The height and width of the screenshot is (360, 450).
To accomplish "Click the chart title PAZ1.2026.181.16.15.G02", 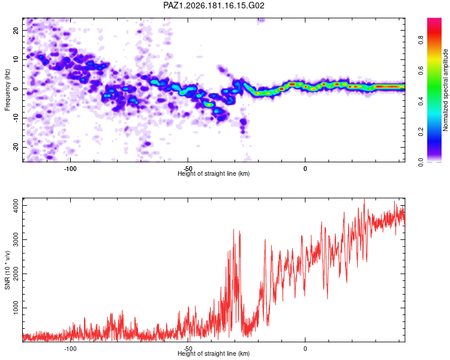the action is [x=214, y=5].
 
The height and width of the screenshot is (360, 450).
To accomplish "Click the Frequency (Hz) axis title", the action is [x=7, y=90].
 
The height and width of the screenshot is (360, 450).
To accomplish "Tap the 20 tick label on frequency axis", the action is [x=16, y=31].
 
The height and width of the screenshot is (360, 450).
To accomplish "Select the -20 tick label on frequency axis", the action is [x=16, y=147].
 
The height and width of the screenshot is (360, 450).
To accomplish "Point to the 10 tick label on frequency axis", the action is [x=16, y=59].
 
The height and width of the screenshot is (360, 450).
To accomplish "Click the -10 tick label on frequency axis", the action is [x=16, y=118].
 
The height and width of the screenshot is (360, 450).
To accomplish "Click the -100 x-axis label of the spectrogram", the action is [x=70, y=169].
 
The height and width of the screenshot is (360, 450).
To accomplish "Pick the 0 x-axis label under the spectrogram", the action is [x=305, y=169].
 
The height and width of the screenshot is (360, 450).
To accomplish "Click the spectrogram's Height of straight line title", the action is [x=214, y=173].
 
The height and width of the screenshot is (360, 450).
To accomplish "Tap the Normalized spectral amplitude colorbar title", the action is [x=445, y=90].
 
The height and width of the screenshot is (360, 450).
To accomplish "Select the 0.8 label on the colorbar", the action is [x=421, y=40].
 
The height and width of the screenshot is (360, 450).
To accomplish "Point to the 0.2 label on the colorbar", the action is [x=421, y=131].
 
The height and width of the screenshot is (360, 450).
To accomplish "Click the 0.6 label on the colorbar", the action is [x=421, y=70].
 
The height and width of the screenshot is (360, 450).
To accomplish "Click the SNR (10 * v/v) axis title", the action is [x=7, y=270].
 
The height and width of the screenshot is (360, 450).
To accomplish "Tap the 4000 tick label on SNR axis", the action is [x=16, y=206].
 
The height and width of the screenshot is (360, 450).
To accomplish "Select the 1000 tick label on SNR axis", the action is [x=16, y=308].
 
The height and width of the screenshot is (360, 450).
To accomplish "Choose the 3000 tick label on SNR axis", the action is [x=16, y=240].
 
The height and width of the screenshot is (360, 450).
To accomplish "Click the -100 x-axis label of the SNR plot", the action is [x=70, y=349].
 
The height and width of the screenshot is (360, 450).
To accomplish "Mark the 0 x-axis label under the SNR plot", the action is [x=305, y=349].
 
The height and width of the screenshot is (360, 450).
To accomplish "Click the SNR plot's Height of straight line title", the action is [x=214, y=353].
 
